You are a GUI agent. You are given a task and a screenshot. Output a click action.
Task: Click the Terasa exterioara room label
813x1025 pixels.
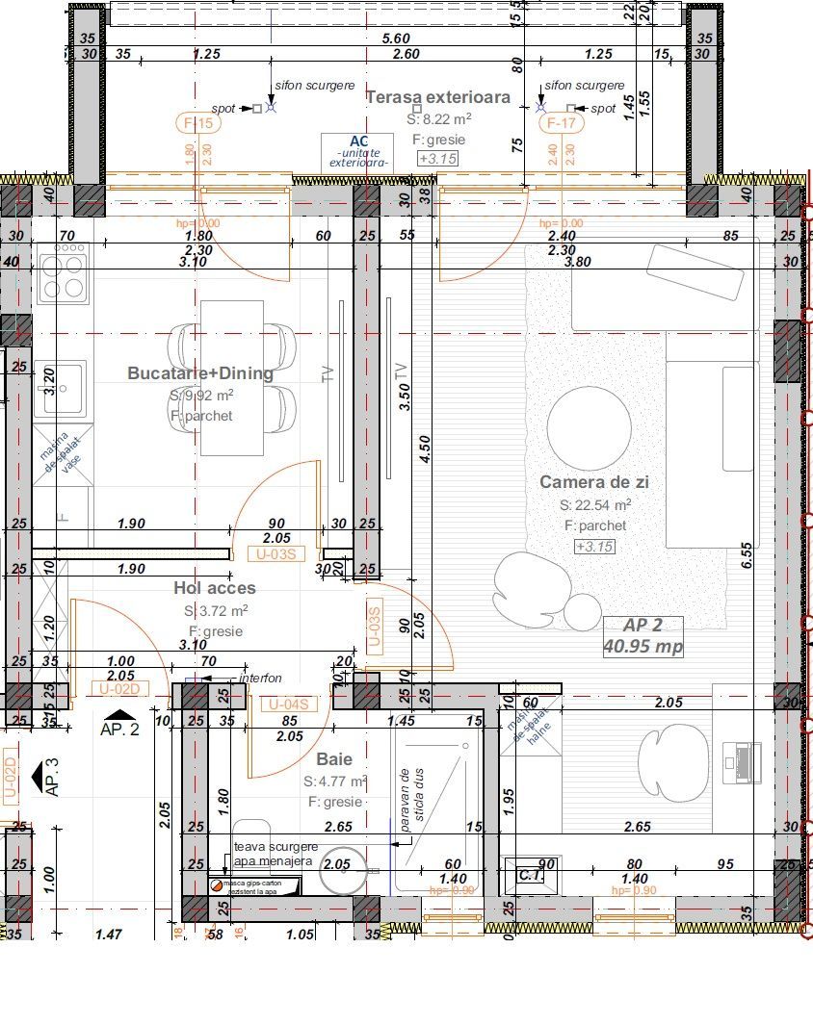tap(438, 97)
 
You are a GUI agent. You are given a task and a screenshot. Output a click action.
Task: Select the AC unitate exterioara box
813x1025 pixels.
tap(358, 152)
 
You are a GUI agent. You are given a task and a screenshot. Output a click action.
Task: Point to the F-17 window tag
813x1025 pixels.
tap(561, 123)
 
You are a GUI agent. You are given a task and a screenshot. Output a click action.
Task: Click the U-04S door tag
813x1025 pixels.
tap(288, 705)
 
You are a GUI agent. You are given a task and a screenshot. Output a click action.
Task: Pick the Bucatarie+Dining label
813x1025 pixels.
tap(200, 373)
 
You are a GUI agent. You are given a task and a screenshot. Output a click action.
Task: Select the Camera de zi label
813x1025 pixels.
tap(594, 482)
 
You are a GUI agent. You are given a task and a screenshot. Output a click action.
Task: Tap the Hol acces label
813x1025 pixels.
tap(215, 588)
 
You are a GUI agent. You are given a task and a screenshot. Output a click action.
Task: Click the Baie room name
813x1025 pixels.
tap(334, 759)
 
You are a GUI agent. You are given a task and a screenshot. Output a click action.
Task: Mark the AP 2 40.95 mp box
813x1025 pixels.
tap(643, 636)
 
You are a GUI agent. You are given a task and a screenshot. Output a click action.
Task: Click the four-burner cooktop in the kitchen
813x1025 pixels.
tap(63, 273)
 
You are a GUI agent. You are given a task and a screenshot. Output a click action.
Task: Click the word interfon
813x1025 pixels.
tap(260, 679)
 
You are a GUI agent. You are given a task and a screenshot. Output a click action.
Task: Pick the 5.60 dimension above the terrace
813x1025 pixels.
tap(396, 38)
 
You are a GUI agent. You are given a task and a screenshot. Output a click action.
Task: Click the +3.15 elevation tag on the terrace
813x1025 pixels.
tap(437, 159)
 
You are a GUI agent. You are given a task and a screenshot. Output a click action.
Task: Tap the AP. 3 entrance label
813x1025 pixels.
tap(51, 777)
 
